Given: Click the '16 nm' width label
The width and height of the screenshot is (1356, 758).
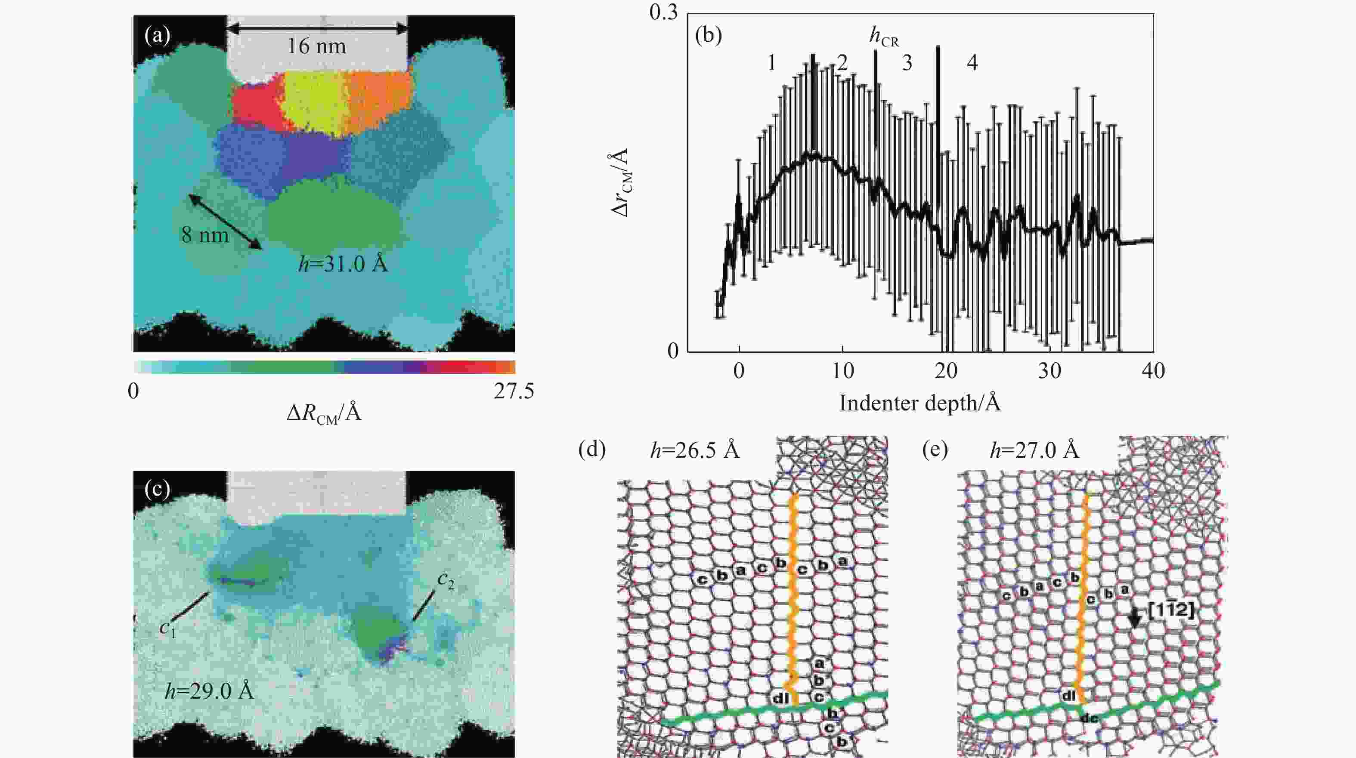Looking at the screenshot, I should (316, 47).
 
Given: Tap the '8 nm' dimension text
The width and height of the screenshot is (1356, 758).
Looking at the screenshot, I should (205, 234).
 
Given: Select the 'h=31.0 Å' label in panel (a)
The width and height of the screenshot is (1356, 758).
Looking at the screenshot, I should (343, 263).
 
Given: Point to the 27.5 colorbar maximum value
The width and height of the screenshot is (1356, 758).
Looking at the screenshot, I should (513, 391).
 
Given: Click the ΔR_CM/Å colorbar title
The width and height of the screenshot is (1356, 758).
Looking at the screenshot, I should (324, 413).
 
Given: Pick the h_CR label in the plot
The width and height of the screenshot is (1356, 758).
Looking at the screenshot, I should (884, 38).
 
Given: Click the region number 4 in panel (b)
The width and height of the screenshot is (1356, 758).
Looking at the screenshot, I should (972, 63).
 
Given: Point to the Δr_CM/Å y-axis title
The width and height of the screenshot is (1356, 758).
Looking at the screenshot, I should (622, 182).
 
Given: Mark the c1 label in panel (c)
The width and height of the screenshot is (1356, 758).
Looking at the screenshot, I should (167, 628).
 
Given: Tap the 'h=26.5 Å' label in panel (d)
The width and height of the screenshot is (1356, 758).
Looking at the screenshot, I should (695, 451).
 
